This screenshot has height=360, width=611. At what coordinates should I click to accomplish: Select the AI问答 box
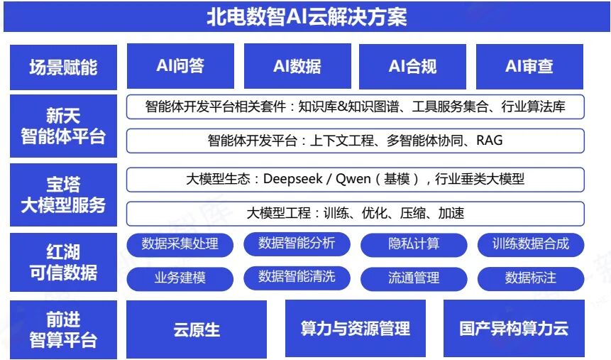tap(180, 66)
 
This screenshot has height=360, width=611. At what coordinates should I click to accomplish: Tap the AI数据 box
tap(297, 66)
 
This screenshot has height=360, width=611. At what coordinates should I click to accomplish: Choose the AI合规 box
tap(412, 66)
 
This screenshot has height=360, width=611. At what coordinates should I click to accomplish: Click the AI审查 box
tap(529, 66)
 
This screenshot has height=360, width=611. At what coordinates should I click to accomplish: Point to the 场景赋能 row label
tap(63, 67)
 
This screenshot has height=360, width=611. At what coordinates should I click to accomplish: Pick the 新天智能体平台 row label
tap(63, 126)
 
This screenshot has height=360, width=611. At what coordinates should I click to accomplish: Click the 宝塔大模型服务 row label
tap(63, 195)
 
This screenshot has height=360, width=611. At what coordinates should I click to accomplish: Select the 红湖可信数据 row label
tap(63, 262)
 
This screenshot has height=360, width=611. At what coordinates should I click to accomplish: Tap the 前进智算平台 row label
tap(63, 330)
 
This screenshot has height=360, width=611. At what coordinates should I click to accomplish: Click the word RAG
tap(489, 141)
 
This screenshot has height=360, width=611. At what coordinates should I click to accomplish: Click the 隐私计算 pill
tap(414, 244)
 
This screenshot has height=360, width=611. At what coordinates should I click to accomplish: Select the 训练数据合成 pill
tap(531, 244)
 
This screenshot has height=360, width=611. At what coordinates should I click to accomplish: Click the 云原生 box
tap(197, 329)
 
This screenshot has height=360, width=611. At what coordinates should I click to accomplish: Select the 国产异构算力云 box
tap(514, 329)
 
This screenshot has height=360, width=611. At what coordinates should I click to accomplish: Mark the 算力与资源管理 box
tap(355, 329)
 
